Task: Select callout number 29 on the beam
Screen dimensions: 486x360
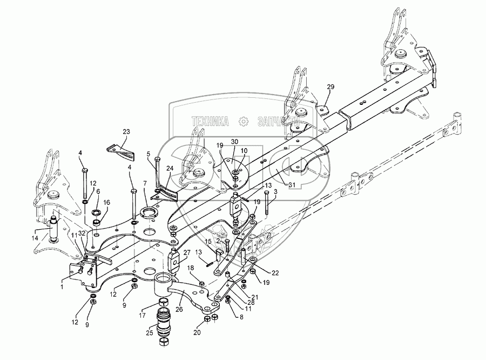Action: coord(330,86)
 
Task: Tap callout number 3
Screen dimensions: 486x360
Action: coord(275,192)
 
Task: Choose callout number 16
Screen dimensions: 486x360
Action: coord(106,202)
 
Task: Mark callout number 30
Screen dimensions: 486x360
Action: coord(235,142)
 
